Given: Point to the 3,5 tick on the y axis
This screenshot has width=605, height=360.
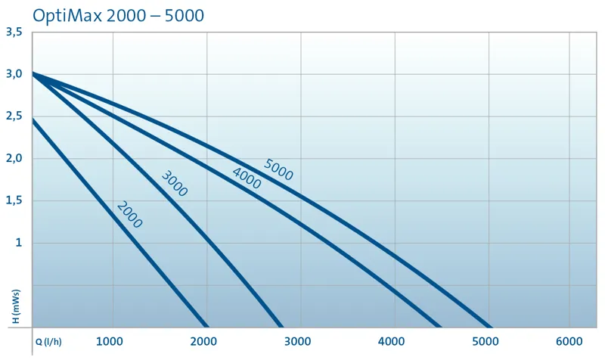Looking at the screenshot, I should [14, 32].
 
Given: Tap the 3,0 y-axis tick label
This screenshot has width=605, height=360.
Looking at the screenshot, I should [14, 74].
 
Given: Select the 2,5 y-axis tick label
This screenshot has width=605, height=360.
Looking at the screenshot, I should [14, 116].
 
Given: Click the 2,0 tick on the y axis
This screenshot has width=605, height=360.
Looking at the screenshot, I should [14, 159].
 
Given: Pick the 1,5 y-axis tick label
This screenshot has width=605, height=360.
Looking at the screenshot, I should [14, 201].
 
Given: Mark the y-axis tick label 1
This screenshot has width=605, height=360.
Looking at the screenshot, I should [18, 244].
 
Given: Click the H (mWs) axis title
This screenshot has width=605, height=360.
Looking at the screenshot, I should [17, 306].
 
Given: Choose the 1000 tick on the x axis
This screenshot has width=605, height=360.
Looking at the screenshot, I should [112, 340].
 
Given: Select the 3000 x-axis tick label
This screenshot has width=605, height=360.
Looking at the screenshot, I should [299, 340].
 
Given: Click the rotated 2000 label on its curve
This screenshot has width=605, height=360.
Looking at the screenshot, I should [129, 215].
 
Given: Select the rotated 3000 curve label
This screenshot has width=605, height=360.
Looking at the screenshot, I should [174, 184].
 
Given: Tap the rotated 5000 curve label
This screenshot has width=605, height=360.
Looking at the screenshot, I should [278, 169].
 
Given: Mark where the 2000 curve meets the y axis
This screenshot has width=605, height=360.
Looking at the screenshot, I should [33, 119].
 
